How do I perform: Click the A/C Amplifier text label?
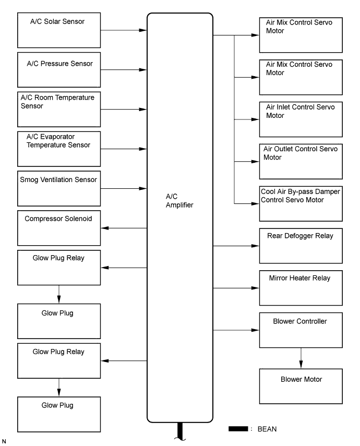pyautogui.click(x=179, y=201)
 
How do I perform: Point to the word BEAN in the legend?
pyautogui.click(x=267, y=429)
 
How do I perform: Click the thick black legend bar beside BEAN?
pyautogui.click(x=238, y=429)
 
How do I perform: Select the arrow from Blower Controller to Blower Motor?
pyautogui.click(x=301, y=358)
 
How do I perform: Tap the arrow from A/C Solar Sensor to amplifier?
pyautogui.click(x=124, y=30)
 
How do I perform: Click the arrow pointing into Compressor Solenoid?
pyautogui.click(x=124, y=228)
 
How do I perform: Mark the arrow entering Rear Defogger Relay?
pyautogui.click(x=236, y=246)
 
